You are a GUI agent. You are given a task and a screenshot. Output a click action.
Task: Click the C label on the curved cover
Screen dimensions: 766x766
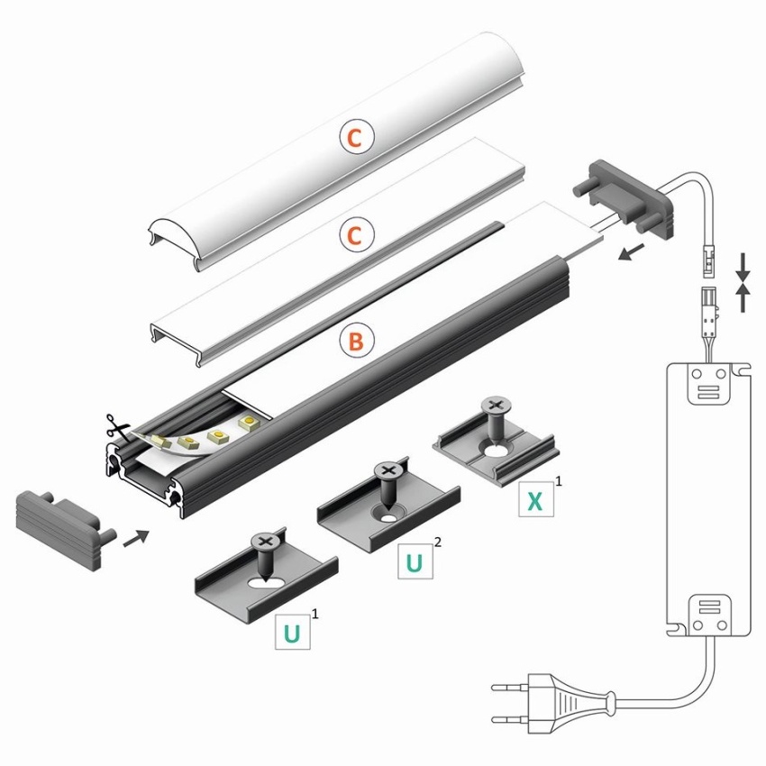point(357,137)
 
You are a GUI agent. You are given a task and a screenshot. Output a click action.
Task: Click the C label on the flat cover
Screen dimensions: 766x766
point(357,235)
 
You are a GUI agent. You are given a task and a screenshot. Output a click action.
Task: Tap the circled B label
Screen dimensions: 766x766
point(357,341)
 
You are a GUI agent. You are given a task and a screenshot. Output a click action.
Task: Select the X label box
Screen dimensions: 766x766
point(536,499)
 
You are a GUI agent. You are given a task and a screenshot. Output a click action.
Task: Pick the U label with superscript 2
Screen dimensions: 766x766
point(415,561)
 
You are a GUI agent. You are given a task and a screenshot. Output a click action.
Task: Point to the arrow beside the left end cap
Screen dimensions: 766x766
point(136,538)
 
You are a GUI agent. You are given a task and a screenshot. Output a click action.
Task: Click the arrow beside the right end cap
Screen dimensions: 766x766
point(631,253)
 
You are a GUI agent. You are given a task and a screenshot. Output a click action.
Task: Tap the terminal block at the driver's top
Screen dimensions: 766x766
point(709,384)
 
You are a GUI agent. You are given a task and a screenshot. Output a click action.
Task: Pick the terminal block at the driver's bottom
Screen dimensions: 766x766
point(709,616)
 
